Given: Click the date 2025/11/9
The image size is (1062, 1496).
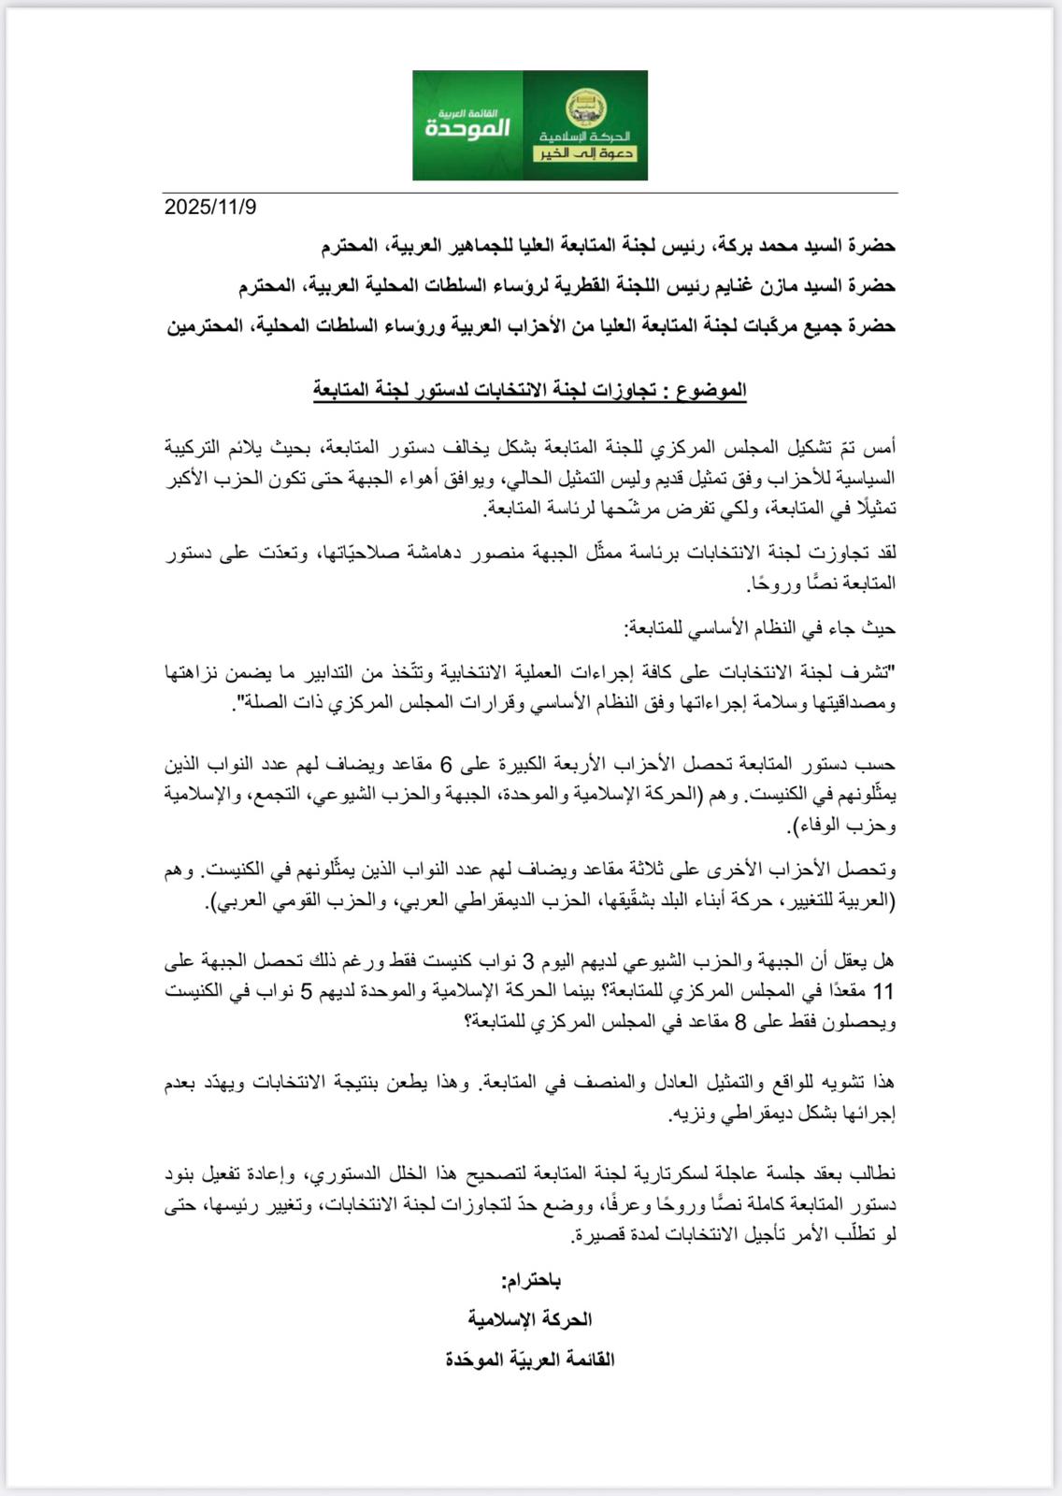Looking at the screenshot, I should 210,208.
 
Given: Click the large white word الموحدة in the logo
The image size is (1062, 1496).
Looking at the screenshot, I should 467,127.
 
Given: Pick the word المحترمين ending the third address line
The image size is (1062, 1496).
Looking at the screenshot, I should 203,326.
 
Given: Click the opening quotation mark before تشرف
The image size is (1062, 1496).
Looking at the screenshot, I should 893,672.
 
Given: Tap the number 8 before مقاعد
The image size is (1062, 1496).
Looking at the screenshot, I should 740,1023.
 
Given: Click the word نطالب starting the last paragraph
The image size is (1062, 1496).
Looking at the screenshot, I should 874,1174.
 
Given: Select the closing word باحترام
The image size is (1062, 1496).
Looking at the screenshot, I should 531,1280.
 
